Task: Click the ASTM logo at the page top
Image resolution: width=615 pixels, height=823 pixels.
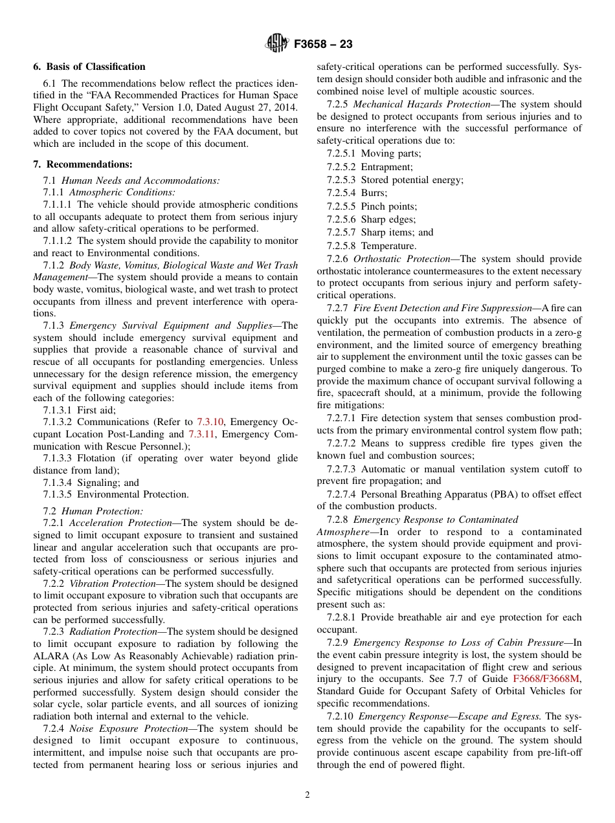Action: [276, 45]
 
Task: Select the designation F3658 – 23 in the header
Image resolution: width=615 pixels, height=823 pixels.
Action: [323, 45]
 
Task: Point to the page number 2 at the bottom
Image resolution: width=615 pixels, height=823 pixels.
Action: [307, 795]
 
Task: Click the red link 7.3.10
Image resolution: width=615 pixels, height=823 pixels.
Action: [210, 422]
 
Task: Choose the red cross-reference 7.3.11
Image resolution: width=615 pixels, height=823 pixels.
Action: [201, 434]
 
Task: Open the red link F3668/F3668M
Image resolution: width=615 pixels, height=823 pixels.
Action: [546, 679]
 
